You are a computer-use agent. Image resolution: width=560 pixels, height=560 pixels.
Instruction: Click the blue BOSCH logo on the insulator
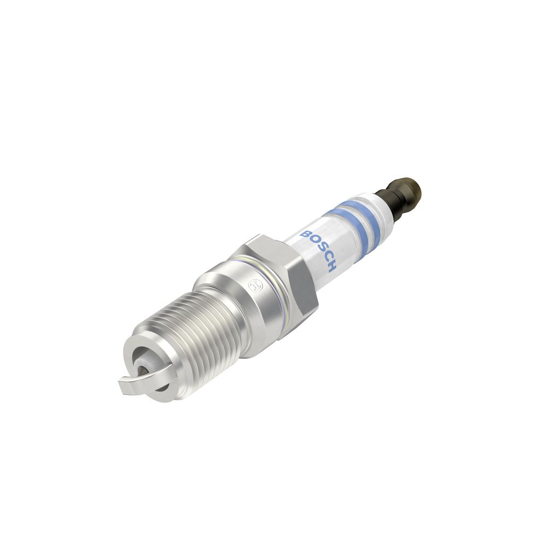[318, 250]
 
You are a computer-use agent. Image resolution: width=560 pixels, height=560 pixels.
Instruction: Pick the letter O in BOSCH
[311, 242]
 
